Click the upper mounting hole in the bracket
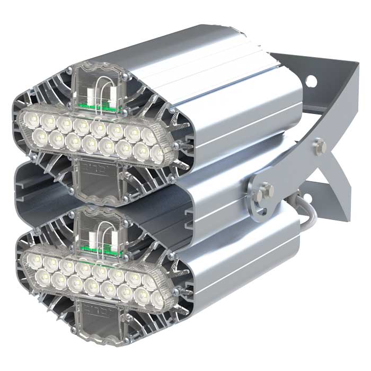coord(312,81)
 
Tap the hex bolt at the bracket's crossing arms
coord(320,144)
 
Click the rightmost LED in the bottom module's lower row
coord(157,299)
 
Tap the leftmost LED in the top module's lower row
coord(41,137)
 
